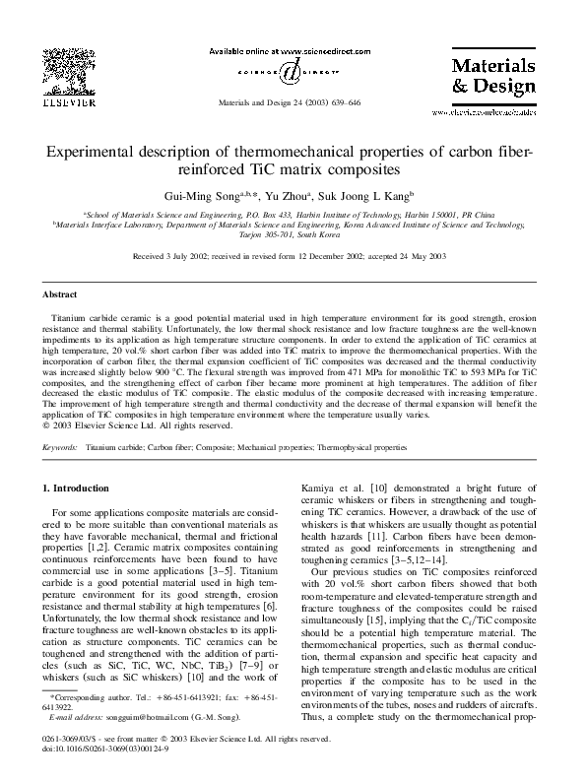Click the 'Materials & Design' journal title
click(492, 75)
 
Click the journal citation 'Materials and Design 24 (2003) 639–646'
click(292, 102)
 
